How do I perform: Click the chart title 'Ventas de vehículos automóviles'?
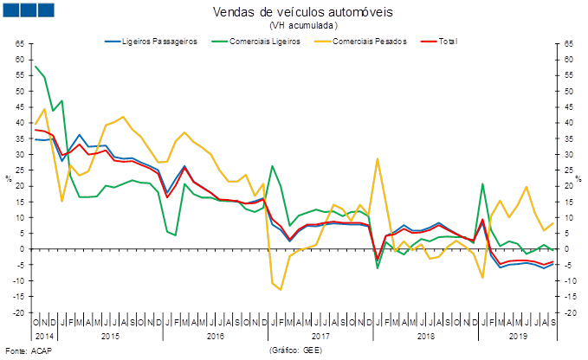pos(302,11)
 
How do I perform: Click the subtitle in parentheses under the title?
pos(302,25)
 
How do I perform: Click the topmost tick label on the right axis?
pos(567,43)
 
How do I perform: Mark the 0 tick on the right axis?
pos(565,249)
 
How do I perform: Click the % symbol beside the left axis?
pos(9,178)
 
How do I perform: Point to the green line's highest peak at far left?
pos(36,67)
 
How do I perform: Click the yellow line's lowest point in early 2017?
pos(281,290)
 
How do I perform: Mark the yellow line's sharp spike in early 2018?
pos(378,159)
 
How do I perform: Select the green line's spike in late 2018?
pos(482,183)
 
